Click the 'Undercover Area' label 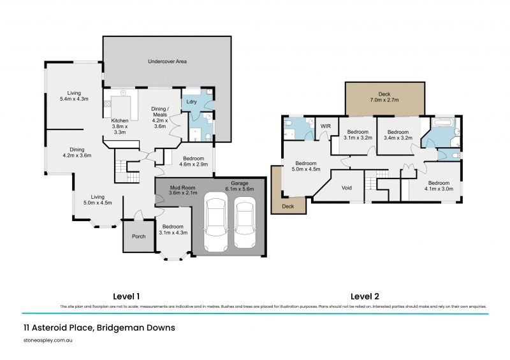point(166,62)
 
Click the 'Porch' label point(138,236)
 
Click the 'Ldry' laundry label point(191,102)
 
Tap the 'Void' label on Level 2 point(347,188)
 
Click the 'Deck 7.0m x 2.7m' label point(384,96)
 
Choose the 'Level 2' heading point(365,296)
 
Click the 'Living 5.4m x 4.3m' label point(73,95)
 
